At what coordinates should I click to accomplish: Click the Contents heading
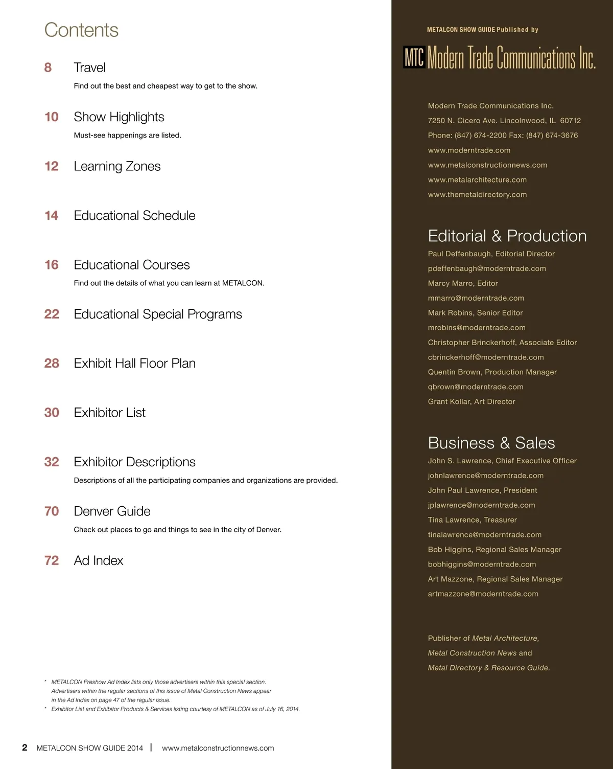pos(81,30)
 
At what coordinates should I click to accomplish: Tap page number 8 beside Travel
pos(48,67)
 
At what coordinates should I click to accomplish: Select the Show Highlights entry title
pos(119,117)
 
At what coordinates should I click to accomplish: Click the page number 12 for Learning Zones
pos(52,166)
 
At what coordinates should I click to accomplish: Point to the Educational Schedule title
pos(134,216)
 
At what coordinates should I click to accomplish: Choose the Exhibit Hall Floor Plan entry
pos(134,364)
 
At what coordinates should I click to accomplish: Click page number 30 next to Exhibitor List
pos(52,413)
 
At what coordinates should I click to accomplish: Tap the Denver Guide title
pos(112,511)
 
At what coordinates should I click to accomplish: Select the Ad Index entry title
pos(99,561)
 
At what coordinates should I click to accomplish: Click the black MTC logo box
pos(414,57)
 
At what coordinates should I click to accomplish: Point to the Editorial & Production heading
pos(507,236)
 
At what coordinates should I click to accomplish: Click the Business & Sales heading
pos(491,443)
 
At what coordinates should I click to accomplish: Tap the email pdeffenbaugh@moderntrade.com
pos(487,268)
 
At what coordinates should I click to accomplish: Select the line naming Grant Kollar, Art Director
pos(471,401)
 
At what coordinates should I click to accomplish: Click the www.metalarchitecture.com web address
pos(477,180)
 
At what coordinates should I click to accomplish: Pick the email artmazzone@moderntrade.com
pos(483,594)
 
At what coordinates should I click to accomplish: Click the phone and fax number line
pos(503,135)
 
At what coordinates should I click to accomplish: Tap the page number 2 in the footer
pos(25,748)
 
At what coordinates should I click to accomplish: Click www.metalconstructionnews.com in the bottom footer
pos(218,748)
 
